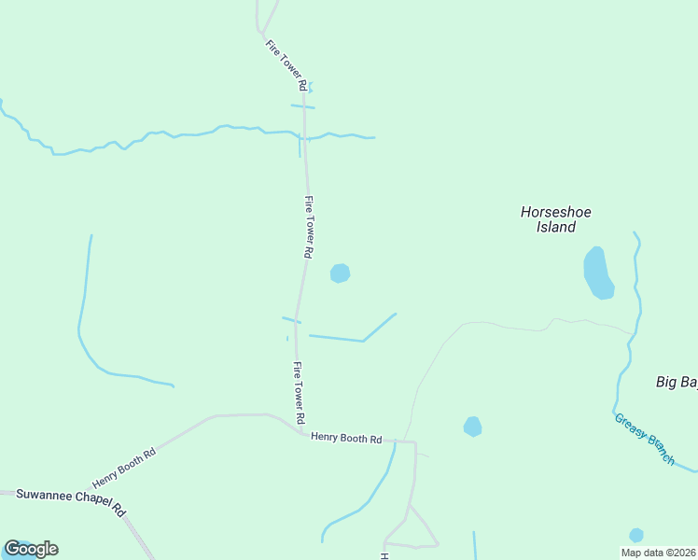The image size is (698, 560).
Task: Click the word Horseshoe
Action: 555,212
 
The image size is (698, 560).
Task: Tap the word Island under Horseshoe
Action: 556,227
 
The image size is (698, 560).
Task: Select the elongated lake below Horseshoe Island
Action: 597,273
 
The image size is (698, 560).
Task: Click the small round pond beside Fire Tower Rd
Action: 340,273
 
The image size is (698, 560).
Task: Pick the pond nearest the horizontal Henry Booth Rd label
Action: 473,427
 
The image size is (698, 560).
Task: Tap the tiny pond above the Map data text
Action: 636,535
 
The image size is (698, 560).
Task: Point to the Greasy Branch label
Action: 644,439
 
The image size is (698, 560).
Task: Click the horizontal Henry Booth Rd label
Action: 346,438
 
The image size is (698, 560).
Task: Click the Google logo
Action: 31,549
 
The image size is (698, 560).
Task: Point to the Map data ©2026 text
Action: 658,553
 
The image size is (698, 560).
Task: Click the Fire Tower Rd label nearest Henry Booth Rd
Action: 299,392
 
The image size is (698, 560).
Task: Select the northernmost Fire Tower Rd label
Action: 286,64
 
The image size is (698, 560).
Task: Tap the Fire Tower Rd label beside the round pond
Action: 308,226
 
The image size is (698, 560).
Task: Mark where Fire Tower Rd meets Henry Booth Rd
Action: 304,432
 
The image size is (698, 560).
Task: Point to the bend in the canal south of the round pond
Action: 363,341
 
